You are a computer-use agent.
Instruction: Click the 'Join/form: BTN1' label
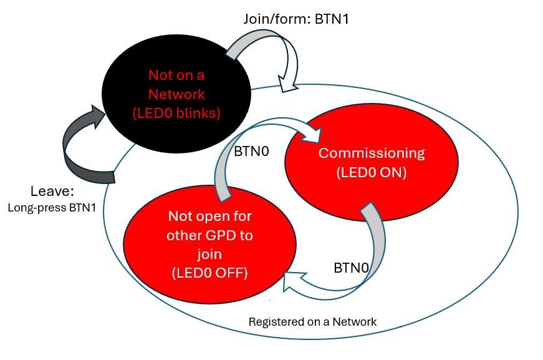pyautogui.click(x=296, y=19)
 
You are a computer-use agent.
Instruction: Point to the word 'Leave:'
pyautogui.click(x=51, y=191)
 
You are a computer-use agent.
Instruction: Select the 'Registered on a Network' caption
pyautogui.click(x=312, y=322)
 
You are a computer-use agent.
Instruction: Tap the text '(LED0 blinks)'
pyautogui.click(x=176, y=113)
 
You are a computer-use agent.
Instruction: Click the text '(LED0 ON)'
pyautogui.click(x=372, y=173)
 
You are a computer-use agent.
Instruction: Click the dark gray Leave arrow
pyautogui.click(x=78, y=150)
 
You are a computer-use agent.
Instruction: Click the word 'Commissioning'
pyautogui.click(x=372, y=153)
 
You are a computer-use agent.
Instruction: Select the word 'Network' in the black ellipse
pyautogui.click(x=176, y=94)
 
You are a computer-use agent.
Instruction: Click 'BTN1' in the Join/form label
pyautogui.click(x=332, y=19)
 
